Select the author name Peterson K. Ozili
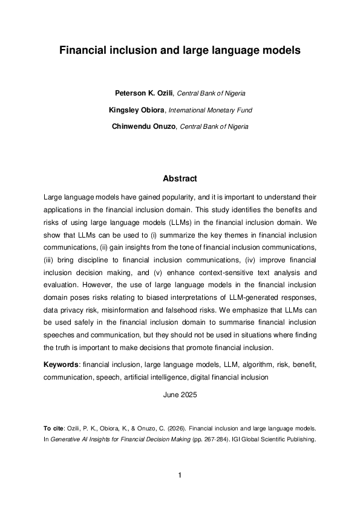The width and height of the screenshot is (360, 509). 143,94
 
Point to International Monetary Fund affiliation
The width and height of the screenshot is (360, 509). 209,110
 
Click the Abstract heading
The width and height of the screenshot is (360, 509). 180,179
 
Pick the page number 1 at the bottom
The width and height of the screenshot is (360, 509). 180,476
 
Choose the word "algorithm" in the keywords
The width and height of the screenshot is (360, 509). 239,366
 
